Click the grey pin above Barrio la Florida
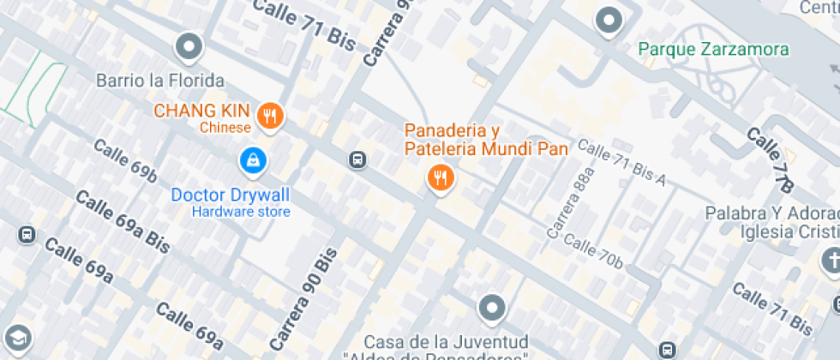pos(189,47)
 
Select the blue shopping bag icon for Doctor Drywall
pos(254,159)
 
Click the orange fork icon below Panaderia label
pos(441,177)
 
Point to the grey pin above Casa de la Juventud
pos(492,308)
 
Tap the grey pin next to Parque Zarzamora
pos(609,20)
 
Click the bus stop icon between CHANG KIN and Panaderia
pos(357,159)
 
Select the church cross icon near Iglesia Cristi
pos(831,259)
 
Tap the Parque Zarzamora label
pos(714,48)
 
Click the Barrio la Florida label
pos(160,81)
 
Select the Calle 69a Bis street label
pos(123,218)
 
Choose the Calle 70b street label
pos(593,250)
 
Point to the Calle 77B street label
pos(771,159)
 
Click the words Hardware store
pos(241,212)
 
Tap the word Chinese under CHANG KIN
pos(225,129)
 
